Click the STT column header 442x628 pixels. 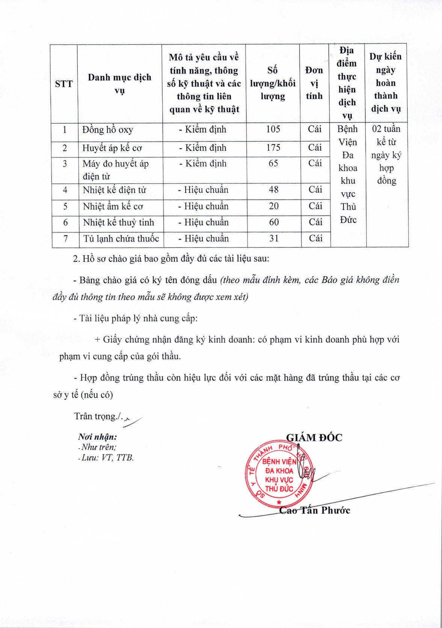pyautogui.click(x=64, y=83)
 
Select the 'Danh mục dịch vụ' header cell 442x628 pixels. pyautogui.click(x=119, y=83)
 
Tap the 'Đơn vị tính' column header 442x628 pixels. pyautogui.click(x=314, y=83)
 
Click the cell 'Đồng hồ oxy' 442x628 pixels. pyautogui.click(x=108, y=130)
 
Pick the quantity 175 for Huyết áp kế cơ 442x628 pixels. pyautogui.click(x=273, y=148)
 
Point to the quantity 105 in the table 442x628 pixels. pyautogui.click(x=273, y=129)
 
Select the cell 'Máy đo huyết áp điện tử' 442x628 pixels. pyautogui.click(x=116, y=170)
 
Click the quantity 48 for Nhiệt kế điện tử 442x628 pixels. pyautogui.click(x=273, y=190)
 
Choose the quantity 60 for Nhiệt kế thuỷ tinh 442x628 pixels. pyautogui.click(x=274, y=222)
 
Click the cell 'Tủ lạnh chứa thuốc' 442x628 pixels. pyautogui.click(x=121, y=239)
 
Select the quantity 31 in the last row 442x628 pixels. pyautogui.click(x=274, y=239)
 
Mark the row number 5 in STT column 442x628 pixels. pyautogui.click(x=65, y=206)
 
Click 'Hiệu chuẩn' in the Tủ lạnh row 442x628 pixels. pyautogui.click(x=203, y=239)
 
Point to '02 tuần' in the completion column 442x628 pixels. pyautogui.click(x=386, y=129)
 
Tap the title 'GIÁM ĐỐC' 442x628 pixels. pyautogui.click(x=314, y=437)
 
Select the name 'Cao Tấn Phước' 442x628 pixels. pyautogui.click(x=315, y=510)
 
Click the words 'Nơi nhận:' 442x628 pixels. pyautogui.click(x=98, y=437)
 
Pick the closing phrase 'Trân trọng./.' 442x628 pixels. pyautogui.click(x=98, y=416)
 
